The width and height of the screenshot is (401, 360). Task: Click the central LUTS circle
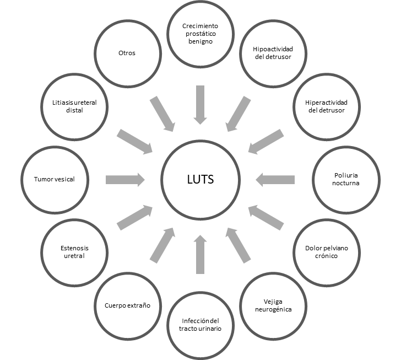tap(201, 180)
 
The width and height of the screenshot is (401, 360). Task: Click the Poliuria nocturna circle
tap(346, 179)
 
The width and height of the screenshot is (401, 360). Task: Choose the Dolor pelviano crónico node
tap(326, 252)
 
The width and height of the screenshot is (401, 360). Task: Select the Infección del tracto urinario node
tap(201, 325)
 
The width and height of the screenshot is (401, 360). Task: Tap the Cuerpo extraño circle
tap(127, 305)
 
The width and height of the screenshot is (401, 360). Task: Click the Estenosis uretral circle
tap(74, 252)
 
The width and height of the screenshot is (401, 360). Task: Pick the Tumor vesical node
tap(54, 179)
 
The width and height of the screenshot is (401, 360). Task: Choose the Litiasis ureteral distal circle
tap(74, 106)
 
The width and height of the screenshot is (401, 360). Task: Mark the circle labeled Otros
tap(127, 53)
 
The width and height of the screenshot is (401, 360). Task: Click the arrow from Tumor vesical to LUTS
tap(125, 179)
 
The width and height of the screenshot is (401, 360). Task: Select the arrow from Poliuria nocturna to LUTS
tap(275, 179)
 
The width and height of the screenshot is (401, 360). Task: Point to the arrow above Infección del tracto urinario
tap(201, 253)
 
